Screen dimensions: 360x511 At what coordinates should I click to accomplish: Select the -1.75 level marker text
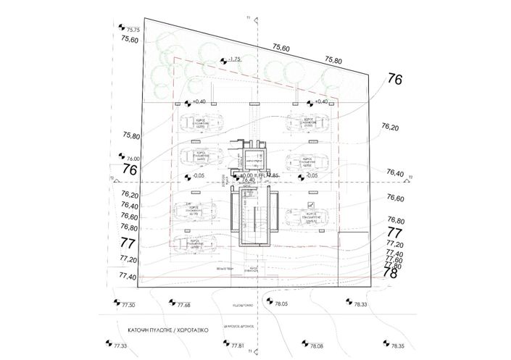click(233, 59)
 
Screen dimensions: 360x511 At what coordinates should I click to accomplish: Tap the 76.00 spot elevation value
click(133, 159)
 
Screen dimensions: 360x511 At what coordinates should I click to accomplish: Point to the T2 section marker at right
click(410, 177)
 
